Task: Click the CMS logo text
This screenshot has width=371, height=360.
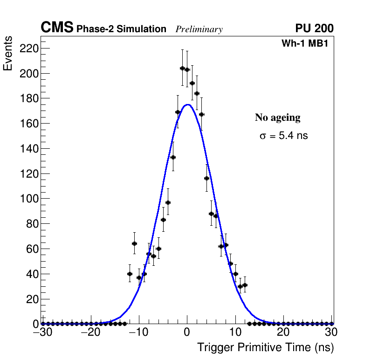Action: [57, 28]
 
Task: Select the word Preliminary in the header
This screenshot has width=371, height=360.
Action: [199, 29]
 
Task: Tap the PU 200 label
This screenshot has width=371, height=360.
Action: [314, 28]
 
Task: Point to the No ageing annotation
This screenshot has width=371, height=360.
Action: [277, 118]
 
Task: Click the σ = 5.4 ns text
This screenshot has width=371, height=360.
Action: [284, 136]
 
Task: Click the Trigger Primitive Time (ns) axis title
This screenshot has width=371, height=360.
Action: [265, 347]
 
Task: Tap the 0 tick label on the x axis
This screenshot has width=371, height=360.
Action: [187, 332]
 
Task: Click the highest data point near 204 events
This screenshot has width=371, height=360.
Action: [182, 68]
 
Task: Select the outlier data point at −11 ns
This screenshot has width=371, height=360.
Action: [134, 243]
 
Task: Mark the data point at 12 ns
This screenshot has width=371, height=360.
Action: [245, 285]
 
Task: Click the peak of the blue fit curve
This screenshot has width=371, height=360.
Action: [187, 104]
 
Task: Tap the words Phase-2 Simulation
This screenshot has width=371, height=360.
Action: [121, 29]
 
